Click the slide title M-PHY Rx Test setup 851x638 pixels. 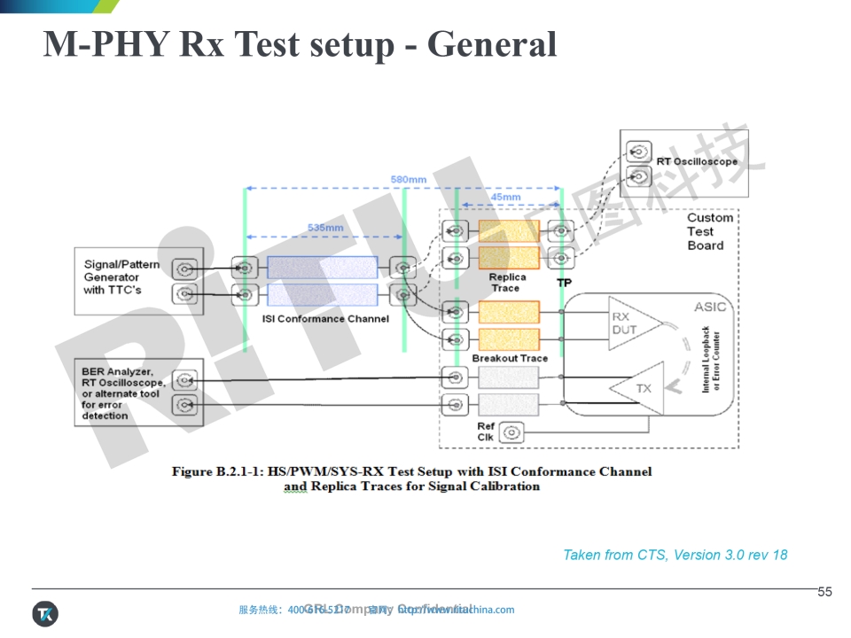[x=300, y=44]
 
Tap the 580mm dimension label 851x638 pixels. [x=408, y=180]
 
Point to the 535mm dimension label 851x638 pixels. [x=325, y=228]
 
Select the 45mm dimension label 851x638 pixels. [x=505, y=197]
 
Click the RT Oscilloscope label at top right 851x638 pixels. [x=697, y=161]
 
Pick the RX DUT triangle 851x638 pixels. [x=631, y=324]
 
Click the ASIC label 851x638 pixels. [x=709, y=307]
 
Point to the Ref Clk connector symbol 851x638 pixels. [x=511, y=432]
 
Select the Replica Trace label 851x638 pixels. [x=507, y=283]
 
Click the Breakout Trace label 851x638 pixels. [x=510, y=358]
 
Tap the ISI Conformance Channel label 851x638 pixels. [x=325, y=319]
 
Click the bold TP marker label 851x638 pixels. [x=564, y=283]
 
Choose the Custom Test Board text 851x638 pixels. [x=710, y=231]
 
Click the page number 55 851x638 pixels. [x=824, y=592]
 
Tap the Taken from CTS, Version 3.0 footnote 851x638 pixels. [x=675, y=555]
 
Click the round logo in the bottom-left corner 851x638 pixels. [x=45, y=612]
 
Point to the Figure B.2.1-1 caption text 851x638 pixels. [x=411, y=478]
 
